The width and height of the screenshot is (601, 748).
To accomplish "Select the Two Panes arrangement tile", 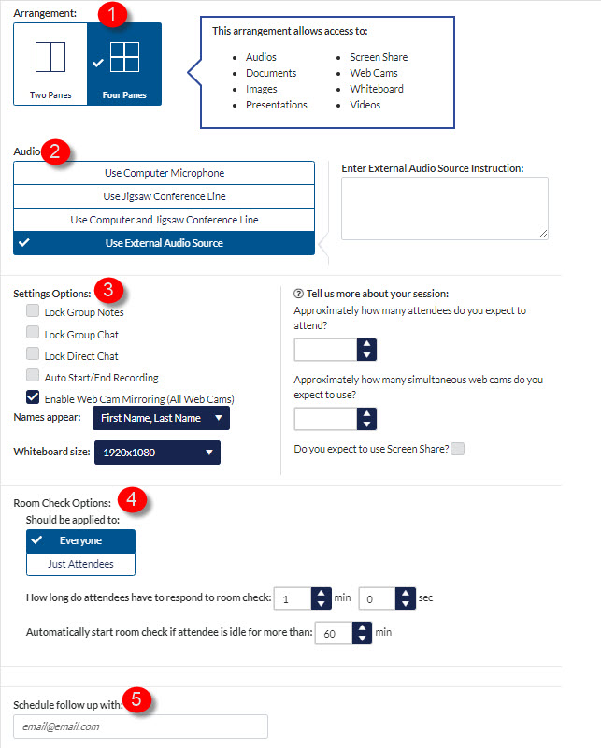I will pos(50,64).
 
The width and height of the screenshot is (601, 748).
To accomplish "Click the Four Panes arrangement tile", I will pos(123,64).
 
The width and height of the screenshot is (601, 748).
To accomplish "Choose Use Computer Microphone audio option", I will pos(164,173).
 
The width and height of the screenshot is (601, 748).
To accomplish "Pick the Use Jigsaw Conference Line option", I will pos(164,196).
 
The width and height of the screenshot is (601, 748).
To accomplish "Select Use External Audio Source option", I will pos(164,243).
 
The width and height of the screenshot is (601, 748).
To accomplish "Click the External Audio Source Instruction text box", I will pos(444,208).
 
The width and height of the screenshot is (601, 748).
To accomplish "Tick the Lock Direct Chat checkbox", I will pos(33,355).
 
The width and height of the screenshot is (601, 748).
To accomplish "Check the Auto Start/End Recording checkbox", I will pos(33,377).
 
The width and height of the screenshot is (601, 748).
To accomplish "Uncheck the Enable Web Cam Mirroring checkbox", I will pos(33,398).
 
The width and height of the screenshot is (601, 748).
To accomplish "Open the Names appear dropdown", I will pos(161,418).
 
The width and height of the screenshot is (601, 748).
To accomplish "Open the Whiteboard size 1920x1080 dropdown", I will pos(157,453).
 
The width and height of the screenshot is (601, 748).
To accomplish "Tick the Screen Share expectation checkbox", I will pos(457,449).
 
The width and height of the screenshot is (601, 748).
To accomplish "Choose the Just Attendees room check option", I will pos(81,564).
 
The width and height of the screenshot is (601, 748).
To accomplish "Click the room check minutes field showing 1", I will pos(293,597).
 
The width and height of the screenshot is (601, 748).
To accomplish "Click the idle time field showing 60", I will pos(333,633).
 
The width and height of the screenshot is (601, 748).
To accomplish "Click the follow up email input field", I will pos(140,726).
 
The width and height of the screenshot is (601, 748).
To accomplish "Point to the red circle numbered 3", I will pos(108,290).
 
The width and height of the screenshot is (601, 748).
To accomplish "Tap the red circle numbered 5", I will pos(137,699).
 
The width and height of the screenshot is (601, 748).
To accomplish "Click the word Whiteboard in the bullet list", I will pos(377,89).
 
